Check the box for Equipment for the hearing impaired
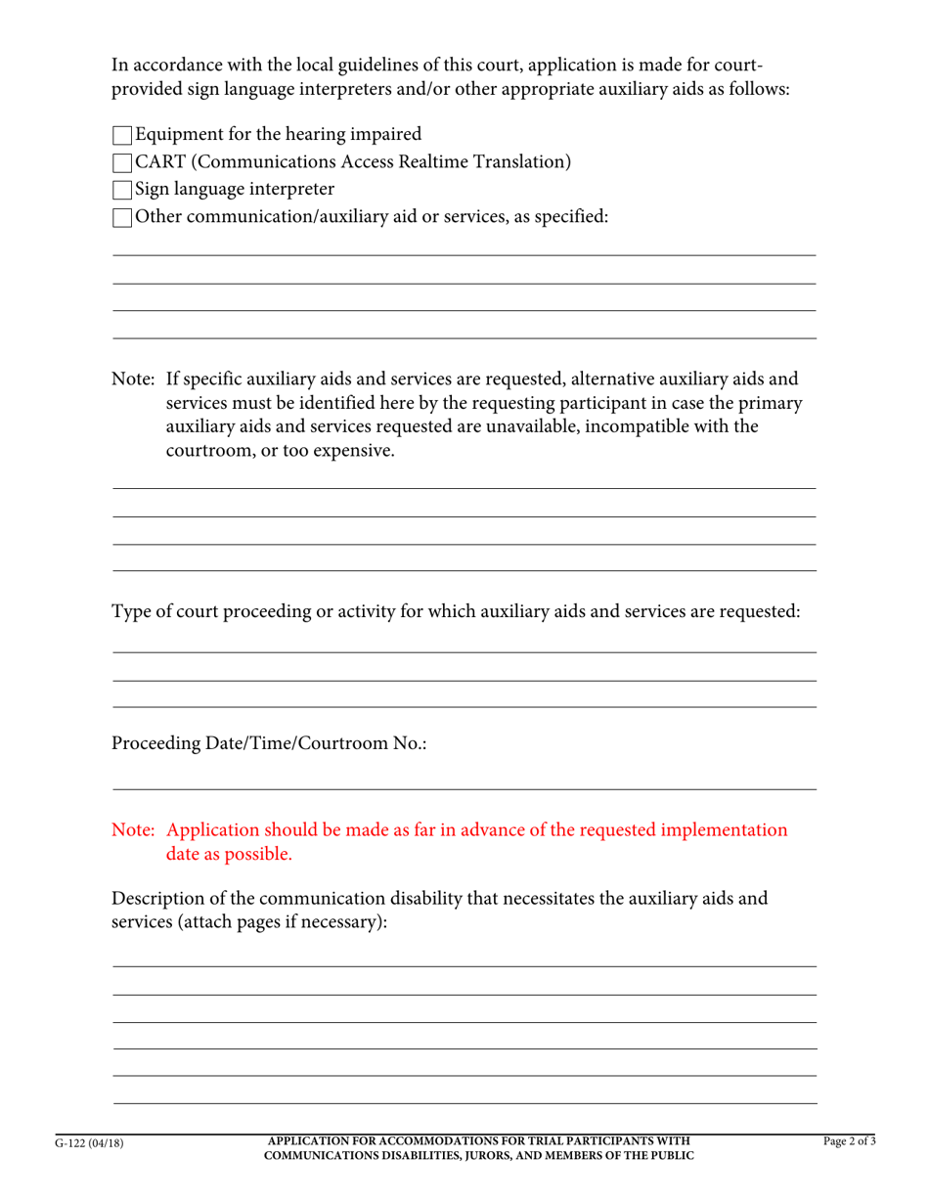(x=122, y=135)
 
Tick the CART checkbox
(x=122, y=162)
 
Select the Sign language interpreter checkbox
(x=122, y=190)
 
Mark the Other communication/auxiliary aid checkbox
(x=122, y=217)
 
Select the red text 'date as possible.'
(x=229, y=854)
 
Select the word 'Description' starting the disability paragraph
(x=162, y=898)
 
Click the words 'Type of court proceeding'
(x=214, y=612)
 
